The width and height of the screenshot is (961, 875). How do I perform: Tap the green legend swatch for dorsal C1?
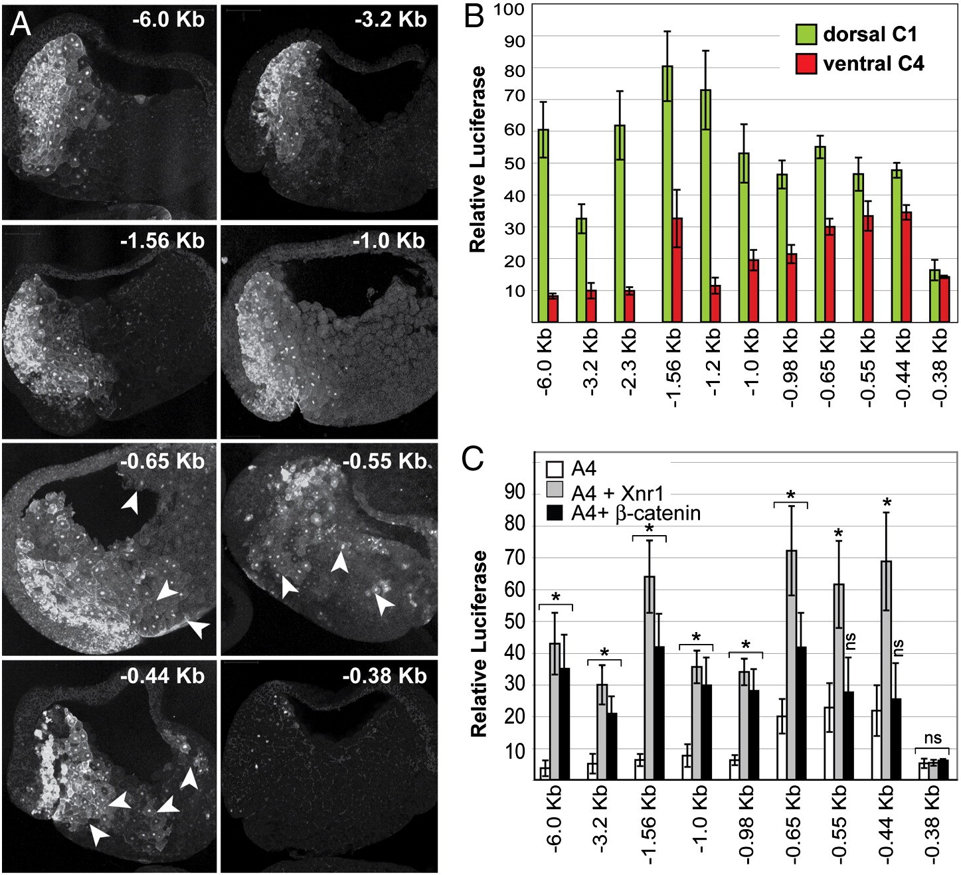point(806,33)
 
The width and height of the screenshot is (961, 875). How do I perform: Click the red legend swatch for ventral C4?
point(806,64)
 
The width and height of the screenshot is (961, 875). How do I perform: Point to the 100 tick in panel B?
point(509,10)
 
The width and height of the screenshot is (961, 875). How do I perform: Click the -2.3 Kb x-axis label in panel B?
point(628,362)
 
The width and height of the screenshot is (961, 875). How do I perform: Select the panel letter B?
point(474,17)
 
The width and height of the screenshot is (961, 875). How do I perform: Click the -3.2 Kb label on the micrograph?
point(391,19)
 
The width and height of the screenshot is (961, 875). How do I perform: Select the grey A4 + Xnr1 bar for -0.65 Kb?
point(791,664)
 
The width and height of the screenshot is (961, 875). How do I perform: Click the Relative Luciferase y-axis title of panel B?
point(478,159)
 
